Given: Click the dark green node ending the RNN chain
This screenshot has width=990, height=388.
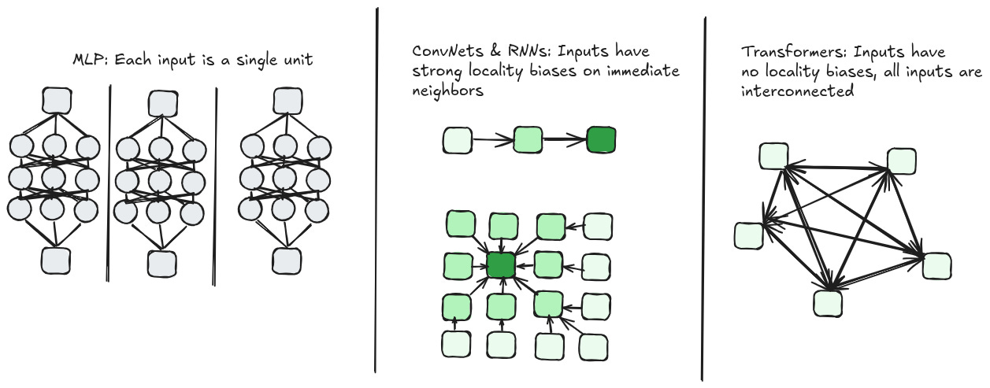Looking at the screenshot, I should click(x=600, y=141).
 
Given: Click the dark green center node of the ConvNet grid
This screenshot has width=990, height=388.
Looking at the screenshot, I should click(x=501, y=265).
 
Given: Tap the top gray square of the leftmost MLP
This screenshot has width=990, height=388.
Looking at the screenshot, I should click(x=55, y=100).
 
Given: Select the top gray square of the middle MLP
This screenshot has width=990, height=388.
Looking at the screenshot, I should click(x=162, y=102).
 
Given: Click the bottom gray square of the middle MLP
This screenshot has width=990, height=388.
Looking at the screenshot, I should click(x=162, y=263).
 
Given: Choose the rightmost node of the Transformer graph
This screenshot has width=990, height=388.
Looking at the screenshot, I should click(x=936, y=265).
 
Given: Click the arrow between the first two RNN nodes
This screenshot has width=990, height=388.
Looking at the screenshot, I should click(x=492, y=142).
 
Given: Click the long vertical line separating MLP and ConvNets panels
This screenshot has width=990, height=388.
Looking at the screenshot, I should click(x=376, y=189).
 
